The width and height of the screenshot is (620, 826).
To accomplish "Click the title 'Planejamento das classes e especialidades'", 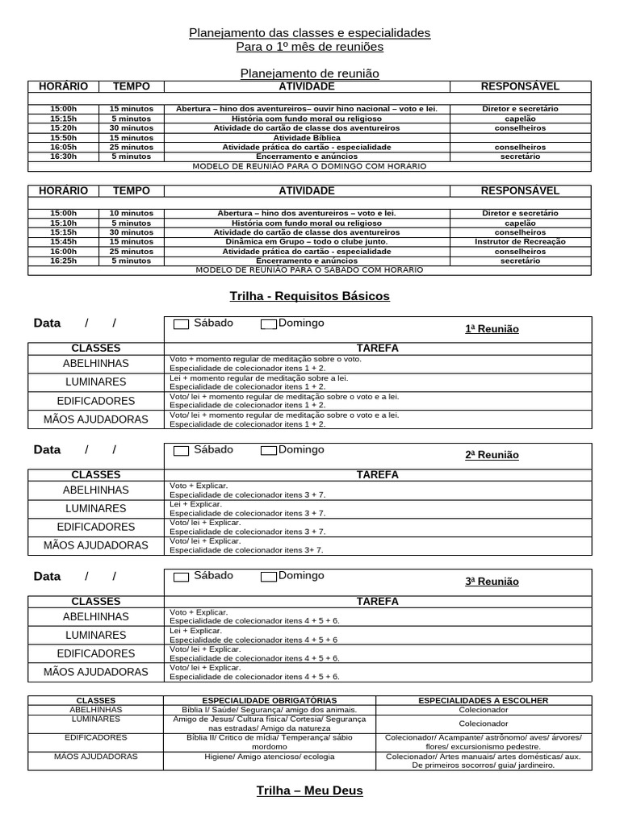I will click(309, 33).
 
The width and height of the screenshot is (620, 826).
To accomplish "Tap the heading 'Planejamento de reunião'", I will click(309, 73).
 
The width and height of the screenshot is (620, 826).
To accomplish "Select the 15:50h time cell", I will click(64, 138).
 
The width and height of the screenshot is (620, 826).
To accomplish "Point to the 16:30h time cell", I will click(64, 156).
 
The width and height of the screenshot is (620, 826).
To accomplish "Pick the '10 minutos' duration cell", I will click(131, 213).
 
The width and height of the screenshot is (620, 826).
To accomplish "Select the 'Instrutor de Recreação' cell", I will click(520, 242).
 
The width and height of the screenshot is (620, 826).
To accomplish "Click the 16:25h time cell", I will click(64, 261).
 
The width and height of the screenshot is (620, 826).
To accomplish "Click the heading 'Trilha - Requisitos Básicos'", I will click(309, 296).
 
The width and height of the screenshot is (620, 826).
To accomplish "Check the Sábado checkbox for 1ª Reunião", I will click(182, 324).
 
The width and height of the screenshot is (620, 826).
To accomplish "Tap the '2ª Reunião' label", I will click(492, 455).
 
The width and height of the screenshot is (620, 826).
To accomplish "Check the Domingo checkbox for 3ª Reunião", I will click(268, 577).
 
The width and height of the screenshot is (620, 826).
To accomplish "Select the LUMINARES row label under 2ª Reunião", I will click(96, 509).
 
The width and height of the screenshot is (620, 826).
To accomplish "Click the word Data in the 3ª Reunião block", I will click(47, 576).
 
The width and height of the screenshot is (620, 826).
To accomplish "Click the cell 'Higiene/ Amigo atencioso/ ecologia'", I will click(270, 757).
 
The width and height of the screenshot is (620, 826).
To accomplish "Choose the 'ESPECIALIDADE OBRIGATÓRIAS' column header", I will click(270, 700).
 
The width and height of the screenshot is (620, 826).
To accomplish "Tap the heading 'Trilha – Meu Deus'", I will click(309, 791).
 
